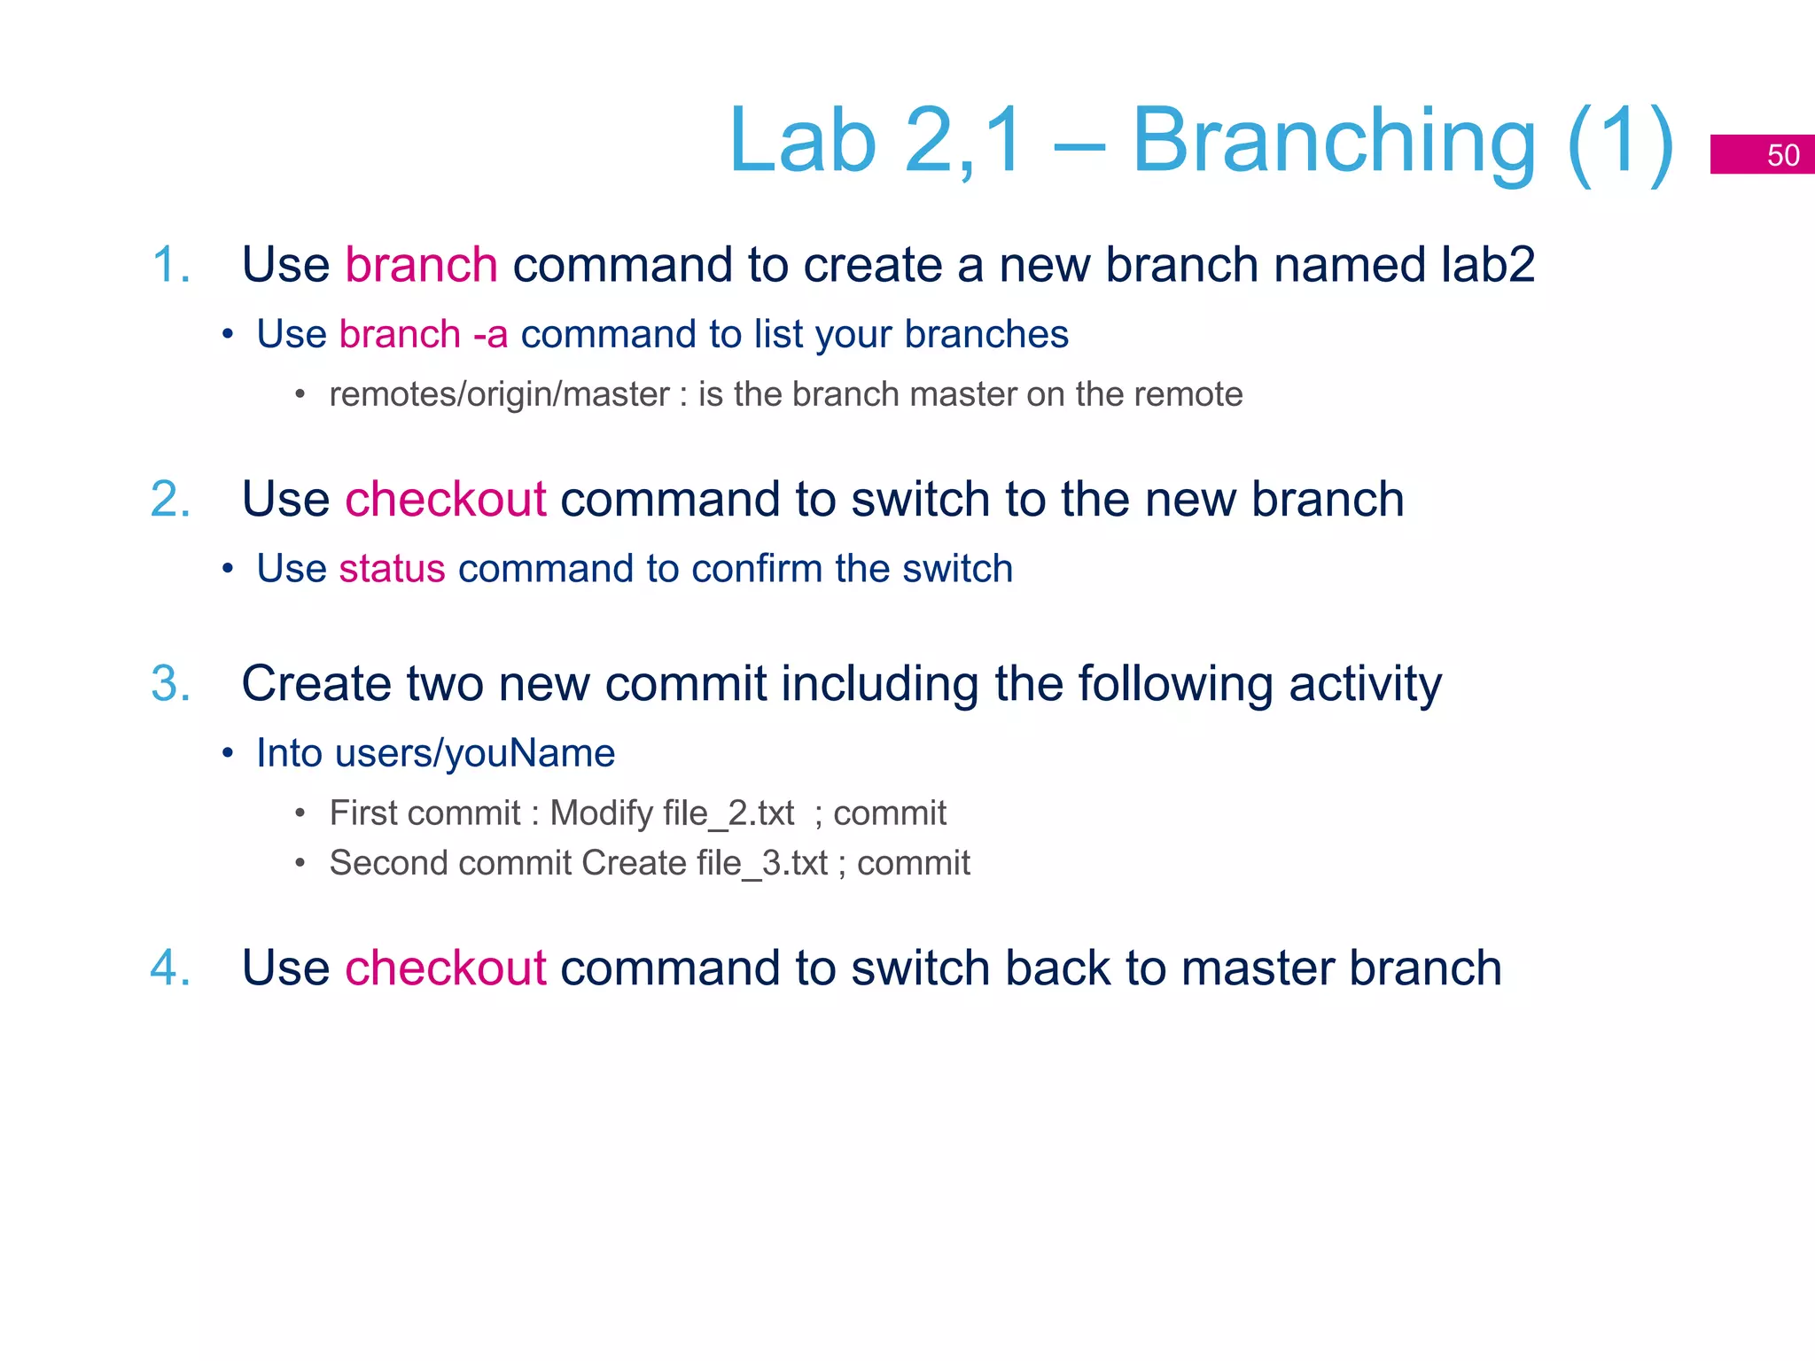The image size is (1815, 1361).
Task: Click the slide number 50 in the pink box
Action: click(x=1782, y=155)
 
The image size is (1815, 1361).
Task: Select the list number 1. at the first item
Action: click(x=171, y=265)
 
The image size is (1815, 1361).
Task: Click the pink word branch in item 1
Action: click(x=421, y=265)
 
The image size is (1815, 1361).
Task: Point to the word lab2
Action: click(x=1487, y=265)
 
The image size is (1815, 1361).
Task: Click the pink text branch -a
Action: click(x=424, y=335)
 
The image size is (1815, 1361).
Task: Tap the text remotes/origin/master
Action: click(x=499, y=394)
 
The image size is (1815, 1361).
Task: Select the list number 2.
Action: click(x=171, y=499)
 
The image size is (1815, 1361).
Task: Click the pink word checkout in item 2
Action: click(x=445, y=499)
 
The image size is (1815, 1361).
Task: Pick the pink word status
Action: click(x=392, y=569)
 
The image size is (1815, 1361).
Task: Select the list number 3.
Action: click(x=171, y=684)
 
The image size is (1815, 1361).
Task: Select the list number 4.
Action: click(x=171, y=968)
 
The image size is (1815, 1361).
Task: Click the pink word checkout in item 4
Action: click(x=445, y=968)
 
